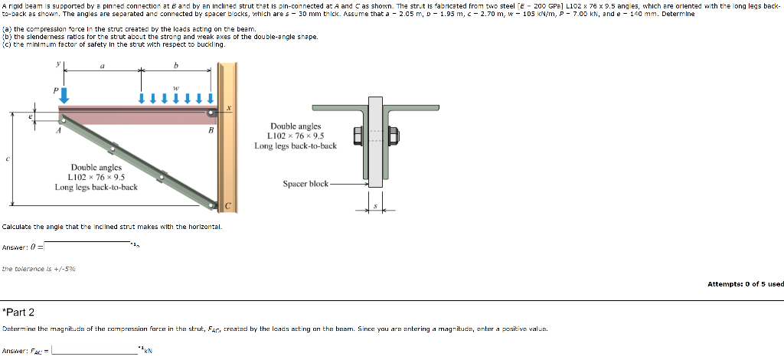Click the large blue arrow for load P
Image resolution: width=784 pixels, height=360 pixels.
[x=64, y=95]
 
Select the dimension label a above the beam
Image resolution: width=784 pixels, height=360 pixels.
[x=102, y=67]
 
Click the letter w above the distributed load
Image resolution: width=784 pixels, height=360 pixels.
[x=176, y=87]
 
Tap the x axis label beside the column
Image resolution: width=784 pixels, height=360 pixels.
[x=229, y=109]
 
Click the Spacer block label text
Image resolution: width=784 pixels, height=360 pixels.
[x=305, y=184]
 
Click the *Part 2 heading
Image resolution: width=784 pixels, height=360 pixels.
[x=18, y=312]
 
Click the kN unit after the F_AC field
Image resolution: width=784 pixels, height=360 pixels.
[x=149, y=352]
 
